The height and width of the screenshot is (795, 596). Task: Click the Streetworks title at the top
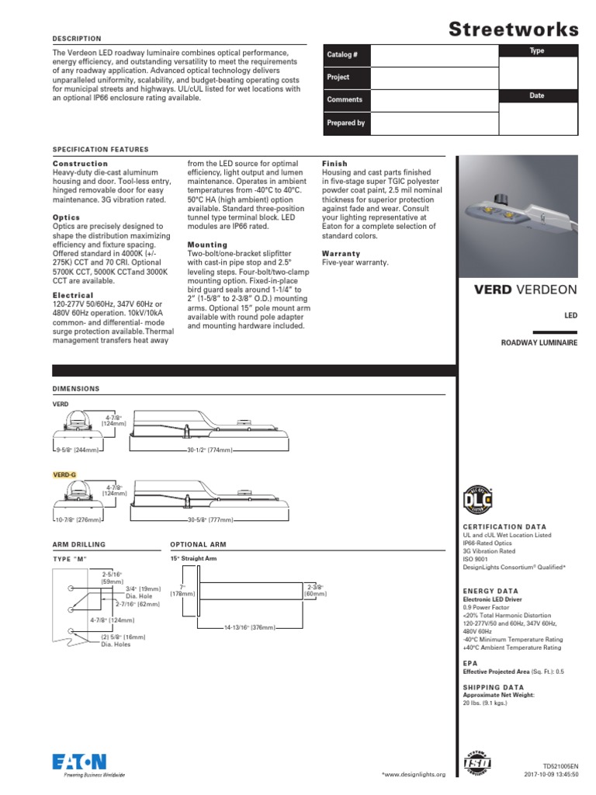pos(514,30)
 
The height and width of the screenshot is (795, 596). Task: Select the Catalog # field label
pos(342,55)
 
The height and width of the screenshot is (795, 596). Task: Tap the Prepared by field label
pos(345,123)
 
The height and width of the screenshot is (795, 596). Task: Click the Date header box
pos(537,95)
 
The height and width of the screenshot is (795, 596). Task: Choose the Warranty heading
pos(341,254)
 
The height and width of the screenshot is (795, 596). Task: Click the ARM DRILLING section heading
pos(78,545)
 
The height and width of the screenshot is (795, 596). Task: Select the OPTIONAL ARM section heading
pos(198,545)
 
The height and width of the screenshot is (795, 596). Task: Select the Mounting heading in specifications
pos(207,245)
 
